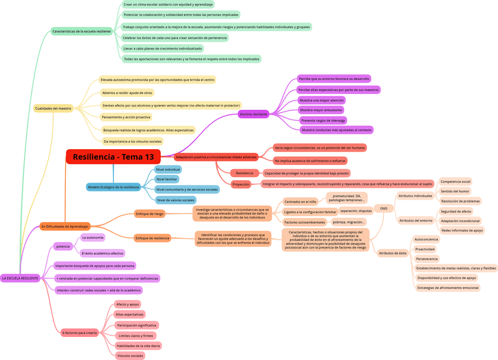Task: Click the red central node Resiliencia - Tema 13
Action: click(113, 157)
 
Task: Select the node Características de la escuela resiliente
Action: click(82, 31)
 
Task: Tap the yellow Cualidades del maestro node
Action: click(53, 108)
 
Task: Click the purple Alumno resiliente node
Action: click(254, 114)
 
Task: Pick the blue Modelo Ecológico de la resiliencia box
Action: click(113, 187)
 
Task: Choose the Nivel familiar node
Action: click(167, 179)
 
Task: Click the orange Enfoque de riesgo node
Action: click(150, 214)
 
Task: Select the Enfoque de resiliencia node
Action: click(152, 238)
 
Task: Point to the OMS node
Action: click(383, 208)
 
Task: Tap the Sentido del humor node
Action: click(455, 191)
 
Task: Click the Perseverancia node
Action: click(427, 258)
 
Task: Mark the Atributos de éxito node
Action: click(392, 253)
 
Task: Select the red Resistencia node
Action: click(244, 173)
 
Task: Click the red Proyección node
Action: click(241, 184)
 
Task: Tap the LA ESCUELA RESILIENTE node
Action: click(20, 278)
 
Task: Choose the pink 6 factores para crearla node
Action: click(79, 332)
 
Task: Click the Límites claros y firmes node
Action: click(136, 336)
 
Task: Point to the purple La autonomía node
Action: click(93, 238)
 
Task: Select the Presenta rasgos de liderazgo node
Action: click(323, 120)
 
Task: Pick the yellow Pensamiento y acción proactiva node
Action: click(126, 117)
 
